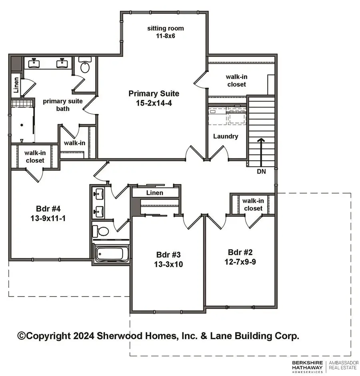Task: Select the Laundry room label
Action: (x=225, y=136)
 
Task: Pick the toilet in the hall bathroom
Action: (x=101, y=231)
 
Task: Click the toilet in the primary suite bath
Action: (x=85, y=66)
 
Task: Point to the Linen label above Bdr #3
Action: (x=154, y=193)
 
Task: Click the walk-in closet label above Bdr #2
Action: (x=252, y=204)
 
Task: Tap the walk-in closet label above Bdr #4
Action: (x=34, y=156)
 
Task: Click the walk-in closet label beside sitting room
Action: (x=236, y=80)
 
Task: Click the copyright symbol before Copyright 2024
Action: (x=22, y=336)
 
